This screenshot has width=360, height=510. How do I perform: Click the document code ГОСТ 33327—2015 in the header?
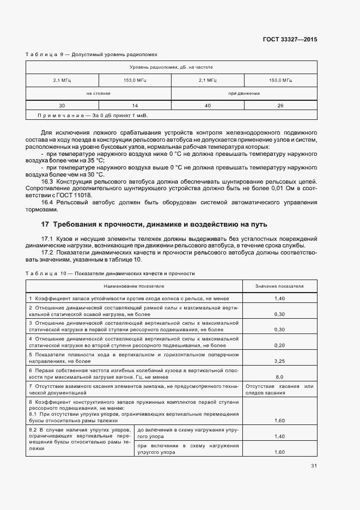(290, 40)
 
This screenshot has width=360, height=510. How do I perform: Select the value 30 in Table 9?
(62, 105)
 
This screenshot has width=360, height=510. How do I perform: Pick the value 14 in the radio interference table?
(135, 105)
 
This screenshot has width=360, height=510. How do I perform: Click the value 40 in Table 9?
(208, 105)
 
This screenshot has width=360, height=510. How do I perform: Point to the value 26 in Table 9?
(280, 105)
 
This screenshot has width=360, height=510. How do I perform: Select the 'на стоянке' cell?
(98, 93)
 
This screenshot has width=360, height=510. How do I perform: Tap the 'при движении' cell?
(244, 93)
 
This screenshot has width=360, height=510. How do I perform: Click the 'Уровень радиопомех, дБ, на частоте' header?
(171, 67)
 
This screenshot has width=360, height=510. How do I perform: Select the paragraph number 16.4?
(48, 203)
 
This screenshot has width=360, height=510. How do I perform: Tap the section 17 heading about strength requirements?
(154, 224)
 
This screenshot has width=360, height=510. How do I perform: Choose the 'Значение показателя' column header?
(280, 286)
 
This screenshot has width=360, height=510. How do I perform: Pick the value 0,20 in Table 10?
(280, 345)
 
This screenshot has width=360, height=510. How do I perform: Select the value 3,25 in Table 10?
(280, 361)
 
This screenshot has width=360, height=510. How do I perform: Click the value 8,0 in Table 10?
(280, 377)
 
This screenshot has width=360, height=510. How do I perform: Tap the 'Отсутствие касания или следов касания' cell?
(280, 389)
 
